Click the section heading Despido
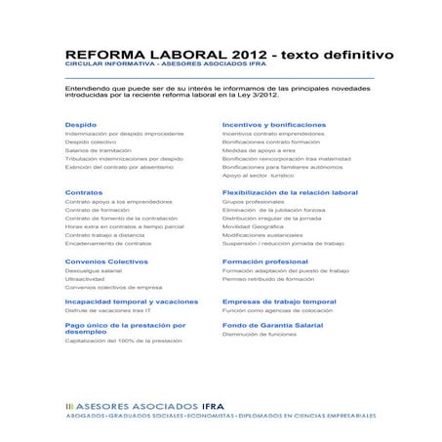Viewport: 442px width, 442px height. [x=81, y=126]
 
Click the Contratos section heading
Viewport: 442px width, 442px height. [x=86, y=192]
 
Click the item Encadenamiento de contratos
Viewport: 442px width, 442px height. [x=107, y=243]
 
